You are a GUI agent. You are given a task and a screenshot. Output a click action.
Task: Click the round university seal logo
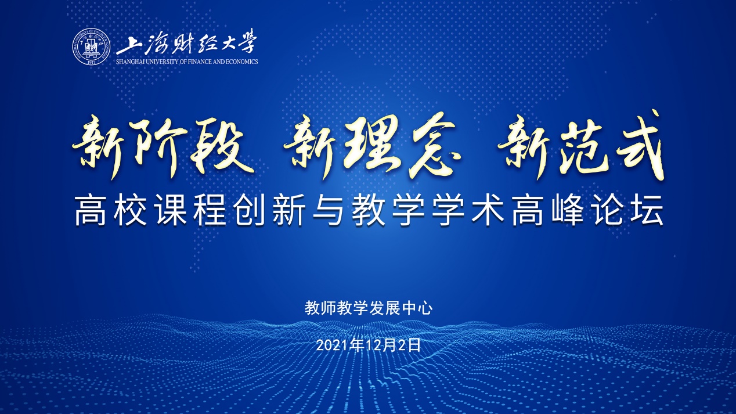(x=92, y=47)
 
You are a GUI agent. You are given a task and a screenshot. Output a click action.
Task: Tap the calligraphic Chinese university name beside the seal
(x=186, y=44)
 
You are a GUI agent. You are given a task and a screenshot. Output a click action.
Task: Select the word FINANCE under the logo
(x=199, y=62)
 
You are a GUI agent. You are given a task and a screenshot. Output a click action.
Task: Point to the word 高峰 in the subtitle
(x=547, y=212)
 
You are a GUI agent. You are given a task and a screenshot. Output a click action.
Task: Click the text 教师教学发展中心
(x=369, y=308)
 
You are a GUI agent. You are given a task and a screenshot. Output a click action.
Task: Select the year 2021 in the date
(x=329, y=345)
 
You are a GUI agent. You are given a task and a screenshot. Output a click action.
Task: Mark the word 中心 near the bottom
(x=417, y=308)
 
